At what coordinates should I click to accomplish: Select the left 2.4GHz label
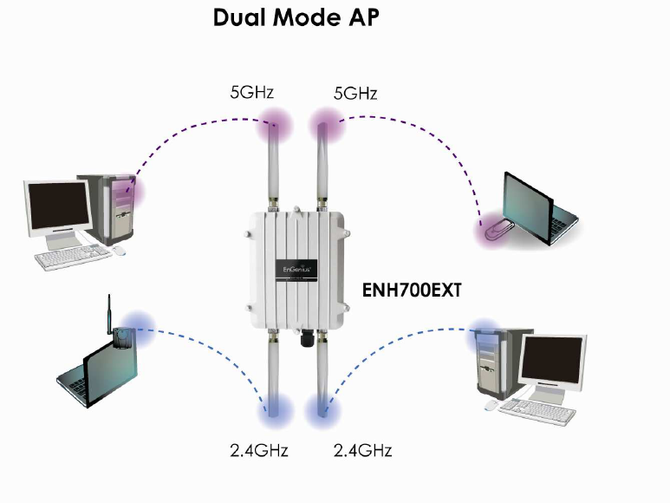(x=259, y=450)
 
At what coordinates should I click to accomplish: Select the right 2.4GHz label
(x=362, y=450)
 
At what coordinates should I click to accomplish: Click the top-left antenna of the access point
(x=276, y=165)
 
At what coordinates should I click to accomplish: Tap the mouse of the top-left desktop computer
(x=118, y=251)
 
